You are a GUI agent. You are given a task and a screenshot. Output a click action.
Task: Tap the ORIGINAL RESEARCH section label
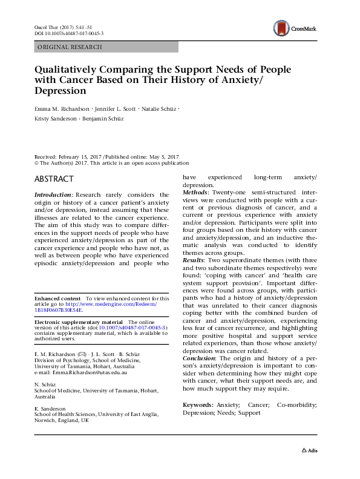[70, 47]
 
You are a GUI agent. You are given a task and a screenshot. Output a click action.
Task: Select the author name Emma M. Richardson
[60, 109]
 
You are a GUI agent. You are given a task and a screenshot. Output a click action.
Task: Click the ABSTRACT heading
[54, 179]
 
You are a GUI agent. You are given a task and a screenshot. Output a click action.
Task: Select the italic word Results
[195, 276]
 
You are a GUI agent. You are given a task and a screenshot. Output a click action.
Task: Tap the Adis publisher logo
[310, 451]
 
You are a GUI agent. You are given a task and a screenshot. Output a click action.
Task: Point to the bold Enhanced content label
[57, 299]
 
